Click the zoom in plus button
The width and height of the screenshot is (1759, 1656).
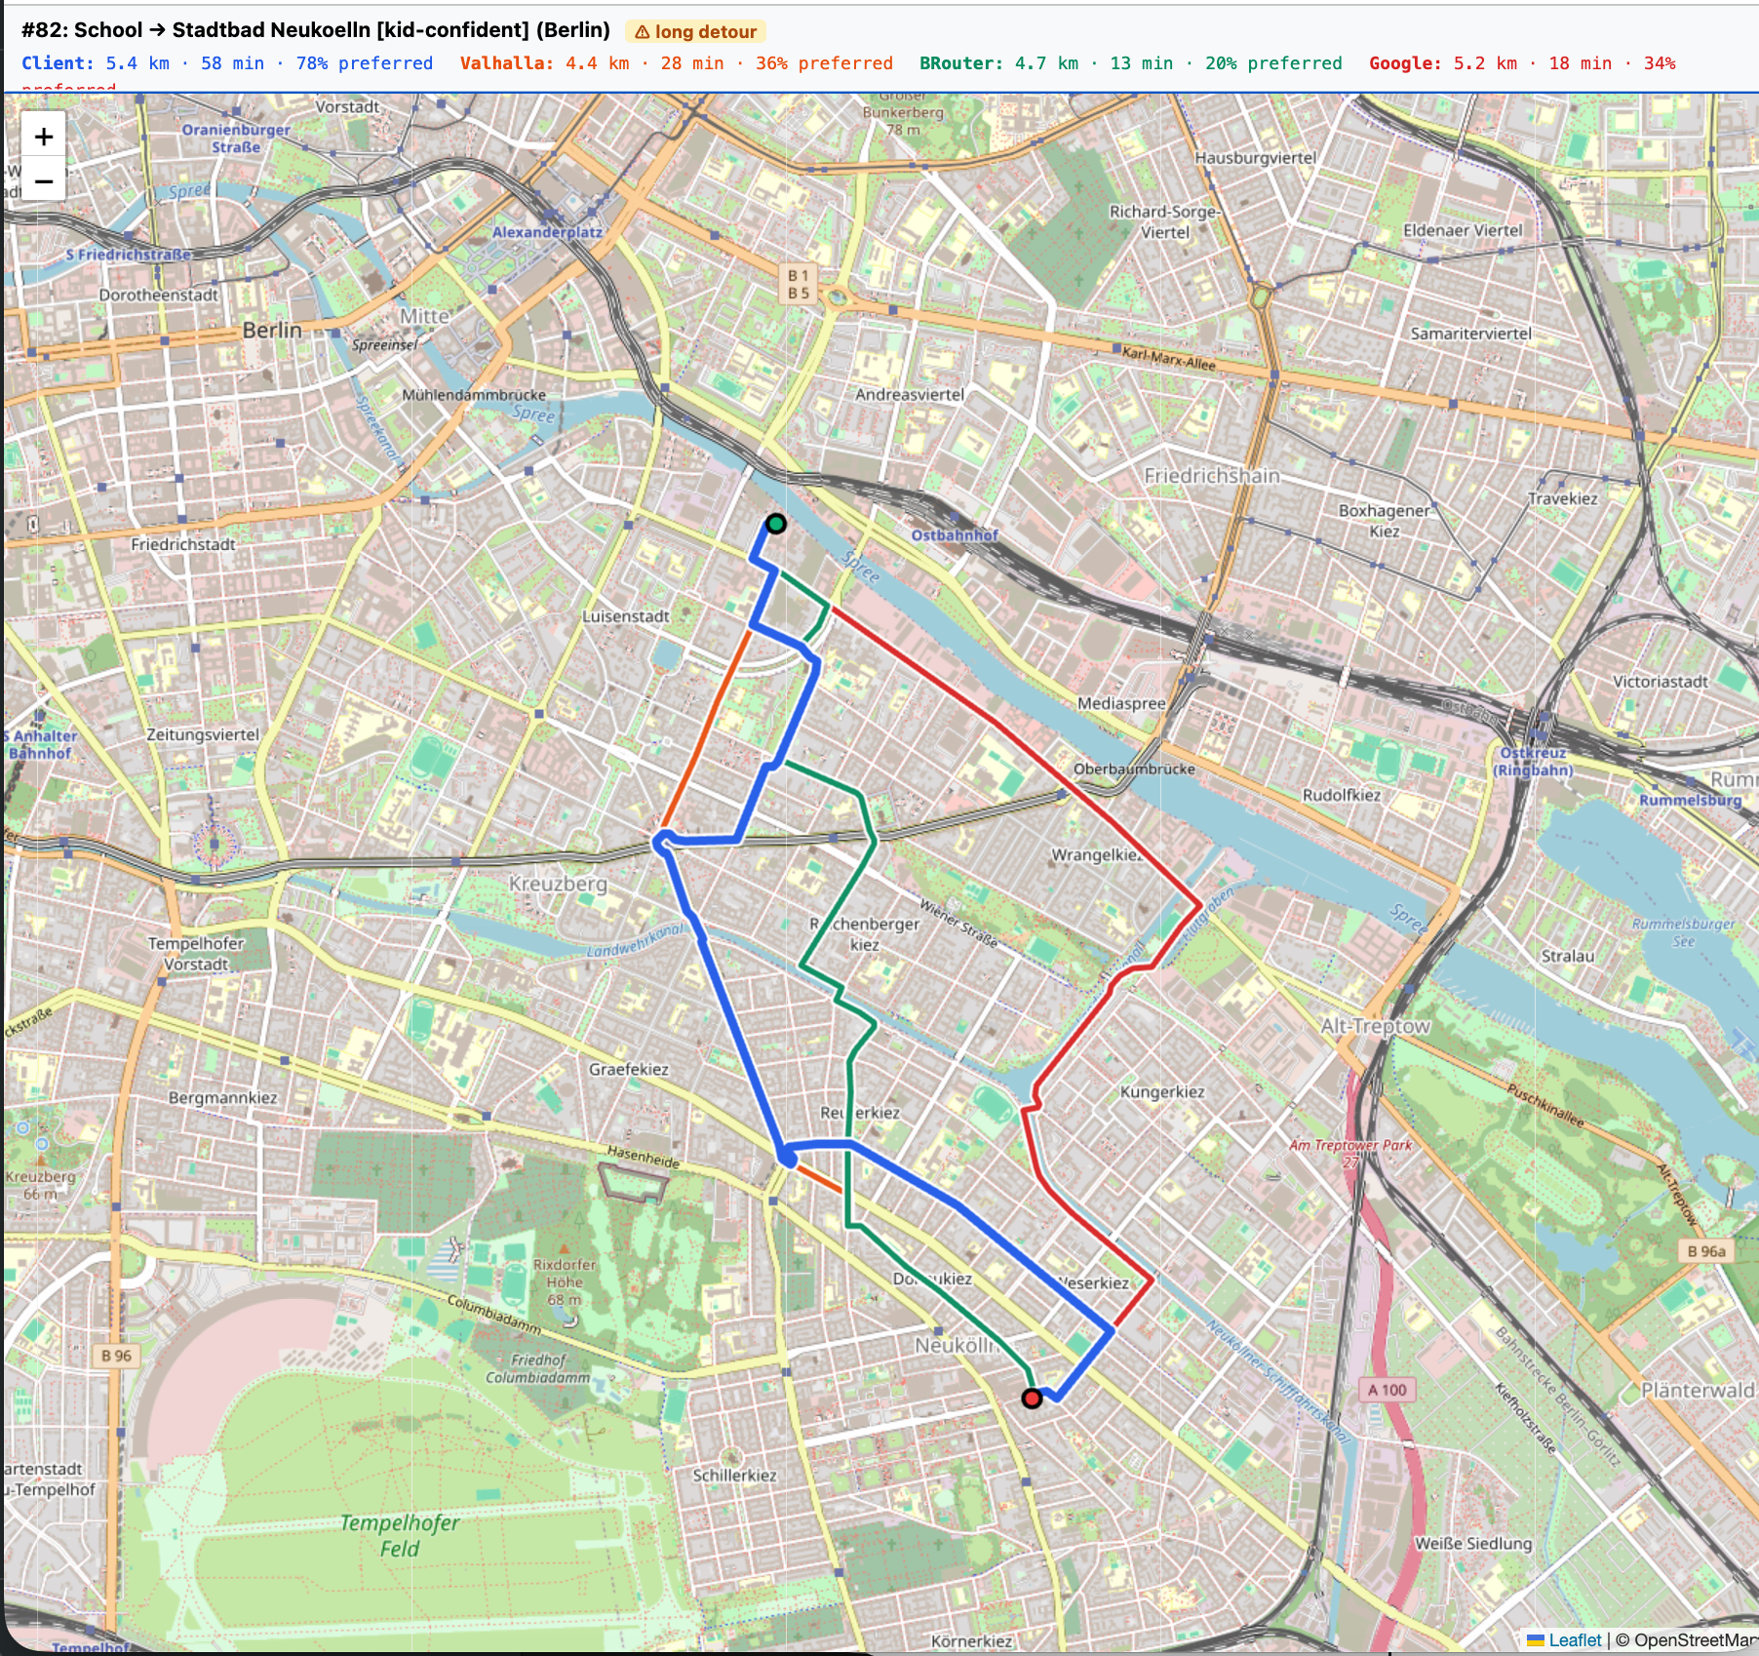pos(43,137)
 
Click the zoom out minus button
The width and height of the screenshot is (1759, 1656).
pos(43,181)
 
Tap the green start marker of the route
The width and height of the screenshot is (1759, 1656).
pos(775,524)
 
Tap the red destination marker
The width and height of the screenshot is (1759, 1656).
pos(1032,1399)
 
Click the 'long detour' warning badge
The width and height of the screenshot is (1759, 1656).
pos(695,32)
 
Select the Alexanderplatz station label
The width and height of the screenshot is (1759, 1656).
pos(546,232)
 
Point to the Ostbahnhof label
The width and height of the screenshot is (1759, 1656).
pos(955,535)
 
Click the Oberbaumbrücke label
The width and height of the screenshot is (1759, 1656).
pos(1133,769)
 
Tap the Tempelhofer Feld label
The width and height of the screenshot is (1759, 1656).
pos(400,1535)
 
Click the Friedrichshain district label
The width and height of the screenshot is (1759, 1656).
pos(1211,476)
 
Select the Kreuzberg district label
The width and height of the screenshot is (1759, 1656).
pos(558,884)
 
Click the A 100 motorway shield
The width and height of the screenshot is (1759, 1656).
pos(1387,1390)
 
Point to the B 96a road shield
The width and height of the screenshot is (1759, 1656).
pos(1705,1251)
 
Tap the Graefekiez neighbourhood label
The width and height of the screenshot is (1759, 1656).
pos(628,1070)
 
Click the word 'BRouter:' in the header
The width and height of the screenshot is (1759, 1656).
pos(960,63)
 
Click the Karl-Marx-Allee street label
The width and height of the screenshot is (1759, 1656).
pos(1168,359)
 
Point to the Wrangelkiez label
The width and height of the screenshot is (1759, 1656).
pos(1096,855)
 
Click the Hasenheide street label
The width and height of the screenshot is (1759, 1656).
pos(644,1157)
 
